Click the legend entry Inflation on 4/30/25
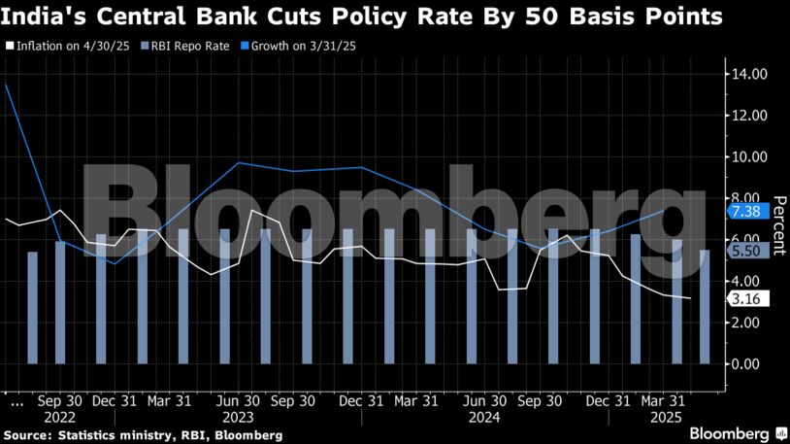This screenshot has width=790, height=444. pos(66,46)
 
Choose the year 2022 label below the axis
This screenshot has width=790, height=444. pos(59,417)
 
